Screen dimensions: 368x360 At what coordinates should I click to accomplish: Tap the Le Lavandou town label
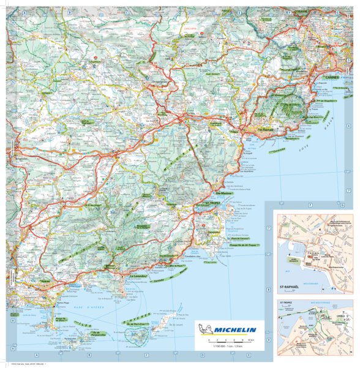click(140, 277)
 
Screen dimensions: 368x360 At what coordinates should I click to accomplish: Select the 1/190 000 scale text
click(224, 347)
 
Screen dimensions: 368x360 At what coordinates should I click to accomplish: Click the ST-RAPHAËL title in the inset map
click(291, 286)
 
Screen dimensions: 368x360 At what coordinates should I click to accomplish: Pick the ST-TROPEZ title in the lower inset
click(287, 301)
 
